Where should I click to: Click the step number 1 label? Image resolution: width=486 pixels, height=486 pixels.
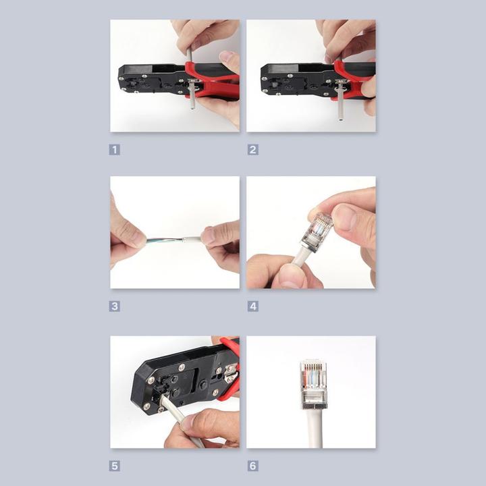(115, 149)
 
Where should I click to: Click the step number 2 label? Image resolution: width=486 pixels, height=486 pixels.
(252, 149)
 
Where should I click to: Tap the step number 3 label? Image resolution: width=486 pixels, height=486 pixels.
(115, 306)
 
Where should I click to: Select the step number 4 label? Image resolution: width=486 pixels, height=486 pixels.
(252, 306)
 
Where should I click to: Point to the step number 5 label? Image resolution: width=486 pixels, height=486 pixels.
(115, 465)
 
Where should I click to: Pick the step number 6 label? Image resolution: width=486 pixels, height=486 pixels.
(252, 465)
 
